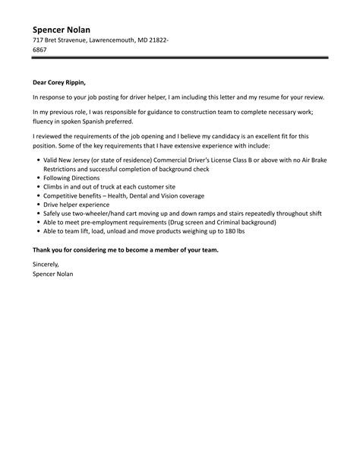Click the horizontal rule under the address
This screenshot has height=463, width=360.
[180, 58]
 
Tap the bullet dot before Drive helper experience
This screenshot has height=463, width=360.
[38, 205]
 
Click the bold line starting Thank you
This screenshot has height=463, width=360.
[125, 250]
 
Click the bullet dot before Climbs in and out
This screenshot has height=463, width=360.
[38, 186]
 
